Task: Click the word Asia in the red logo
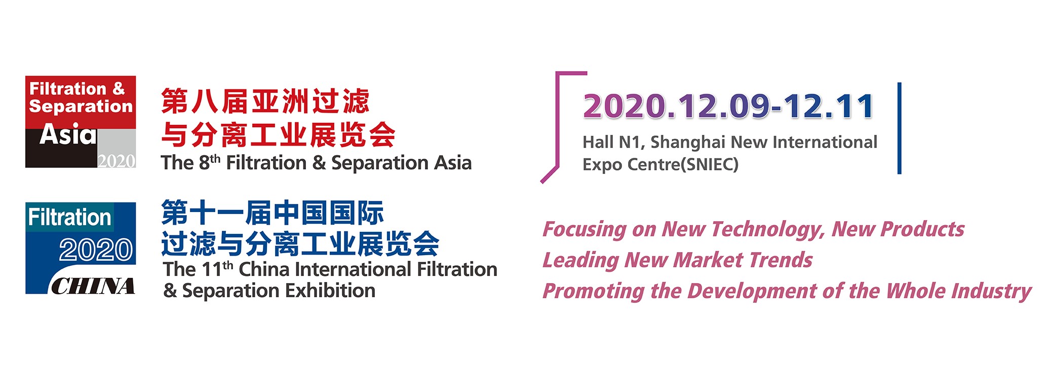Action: pyautogui.click(x=68, y=134)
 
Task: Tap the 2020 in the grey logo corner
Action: pyautogui.click(x=117, y=161)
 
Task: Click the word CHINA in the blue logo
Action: pyautogui.click(x=93, y=287)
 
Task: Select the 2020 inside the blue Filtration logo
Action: pyautogui.click(x=96, y=250)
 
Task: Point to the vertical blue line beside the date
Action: pyautogui.click(x=899, y=128)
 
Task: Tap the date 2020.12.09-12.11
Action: pyautogui.click(x=728, y=107)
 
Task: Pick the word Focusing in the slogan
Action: pyautogui.click(x=585, y=230)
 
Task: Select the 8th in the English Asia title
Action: pyautogui.click(x=209, y=162)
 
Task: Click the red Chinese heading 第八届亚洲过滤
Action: pyautogui.click(x=265, y=101)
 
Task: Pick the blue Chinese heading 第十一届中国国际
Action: pyautogui.click(x=273, y=213)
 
